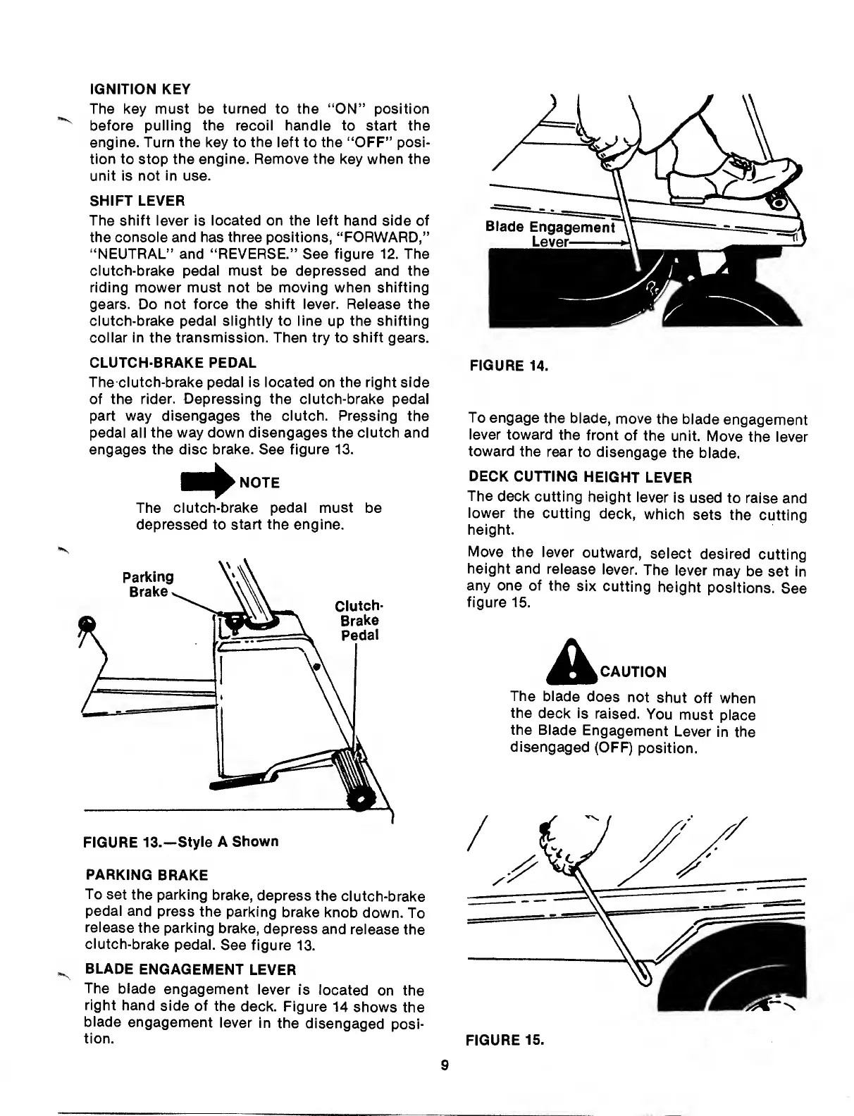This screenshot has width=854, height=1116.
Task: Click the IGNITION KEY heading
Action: [x=141, y=90]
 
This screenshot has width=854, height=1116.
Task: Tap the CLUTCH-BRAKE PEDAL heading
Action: [x=173, y=363]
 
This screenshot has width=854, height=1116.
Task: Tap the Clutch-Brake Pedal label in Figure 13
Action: [x=359, y=621]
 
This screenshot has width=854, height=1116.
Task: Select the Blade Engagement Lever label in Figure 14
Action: [x=550, y=234]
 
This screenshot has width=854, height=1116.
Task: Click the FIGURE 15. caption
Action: [x=505, y=1040]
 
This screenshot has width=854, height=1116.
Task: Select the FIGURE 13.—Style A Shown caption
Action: [x=181, y=842]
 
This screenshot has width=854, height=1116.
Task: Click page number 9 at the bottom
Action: [x=445, y=1065]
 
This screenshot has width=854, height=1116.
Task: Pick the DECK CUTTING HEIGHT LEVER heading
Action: [x=579, y=477]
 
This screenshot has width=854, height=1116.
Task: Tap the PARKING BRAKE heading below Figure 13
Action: [x=147, y=875]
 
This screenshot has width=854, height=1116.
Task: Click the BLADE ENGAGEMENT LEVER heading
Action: [x=190, y=969]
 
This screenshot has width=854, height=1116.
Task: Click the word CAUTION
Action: [x=632, y=671]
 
